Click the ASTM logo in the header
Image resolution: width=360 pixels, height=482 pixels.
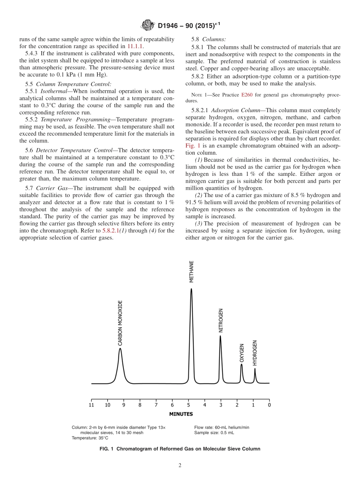tap(147, 25)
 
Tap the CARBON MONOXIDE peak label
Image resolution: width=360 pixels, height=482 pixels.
tap(120, 323)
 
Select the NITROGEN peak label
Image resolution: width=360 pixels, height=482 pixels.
tap(221, 321)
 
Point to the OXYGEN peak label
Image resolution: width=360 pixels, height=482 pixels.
tap(242, 353)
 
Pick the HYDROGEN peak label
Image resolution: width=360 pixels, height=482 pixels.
tap(255, 353)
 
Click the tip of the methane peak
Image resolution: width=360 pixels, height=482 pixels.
tap(191, 289)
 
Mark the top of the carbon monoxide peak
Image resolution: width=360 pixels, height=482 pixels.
tap(120, 348)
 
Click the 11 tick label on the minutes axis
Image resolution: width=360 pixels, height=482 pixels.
tap(91, 405)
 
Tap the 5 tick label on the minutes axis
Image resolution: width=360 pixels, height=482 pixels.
tap(188, 405)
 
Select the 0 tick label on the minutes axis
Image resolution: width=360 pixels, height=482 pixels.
tap(269, 405)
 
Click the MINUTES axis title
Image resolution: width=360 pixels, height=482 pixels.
tap(181, 414)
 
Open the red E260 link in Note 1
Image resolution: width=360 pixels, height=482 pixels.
tap(247, 95)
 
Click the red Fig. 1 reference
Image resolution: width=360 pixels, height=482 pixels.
tap(193, 146)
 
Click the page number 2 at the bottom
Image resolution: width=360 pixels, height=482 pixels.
tap(180, 466)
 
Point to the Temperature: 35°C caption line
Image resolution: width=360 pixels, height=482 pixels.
tap(90, 438)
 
